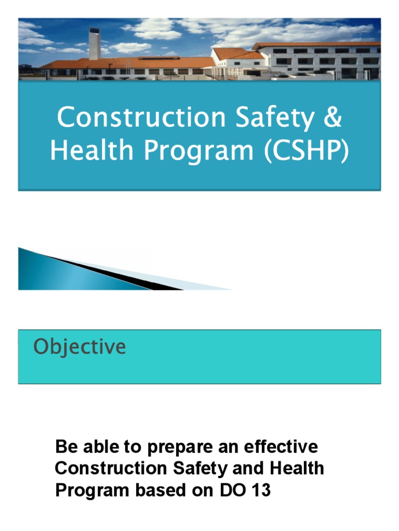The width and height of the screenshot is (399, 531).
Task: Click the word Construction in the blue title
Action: (x=134, y=118)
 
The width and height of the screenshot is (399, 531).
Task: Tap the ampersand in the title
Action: (x=331, y=118)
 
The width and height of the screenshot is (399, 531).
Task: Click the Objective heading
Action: (x=79, y=347)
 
